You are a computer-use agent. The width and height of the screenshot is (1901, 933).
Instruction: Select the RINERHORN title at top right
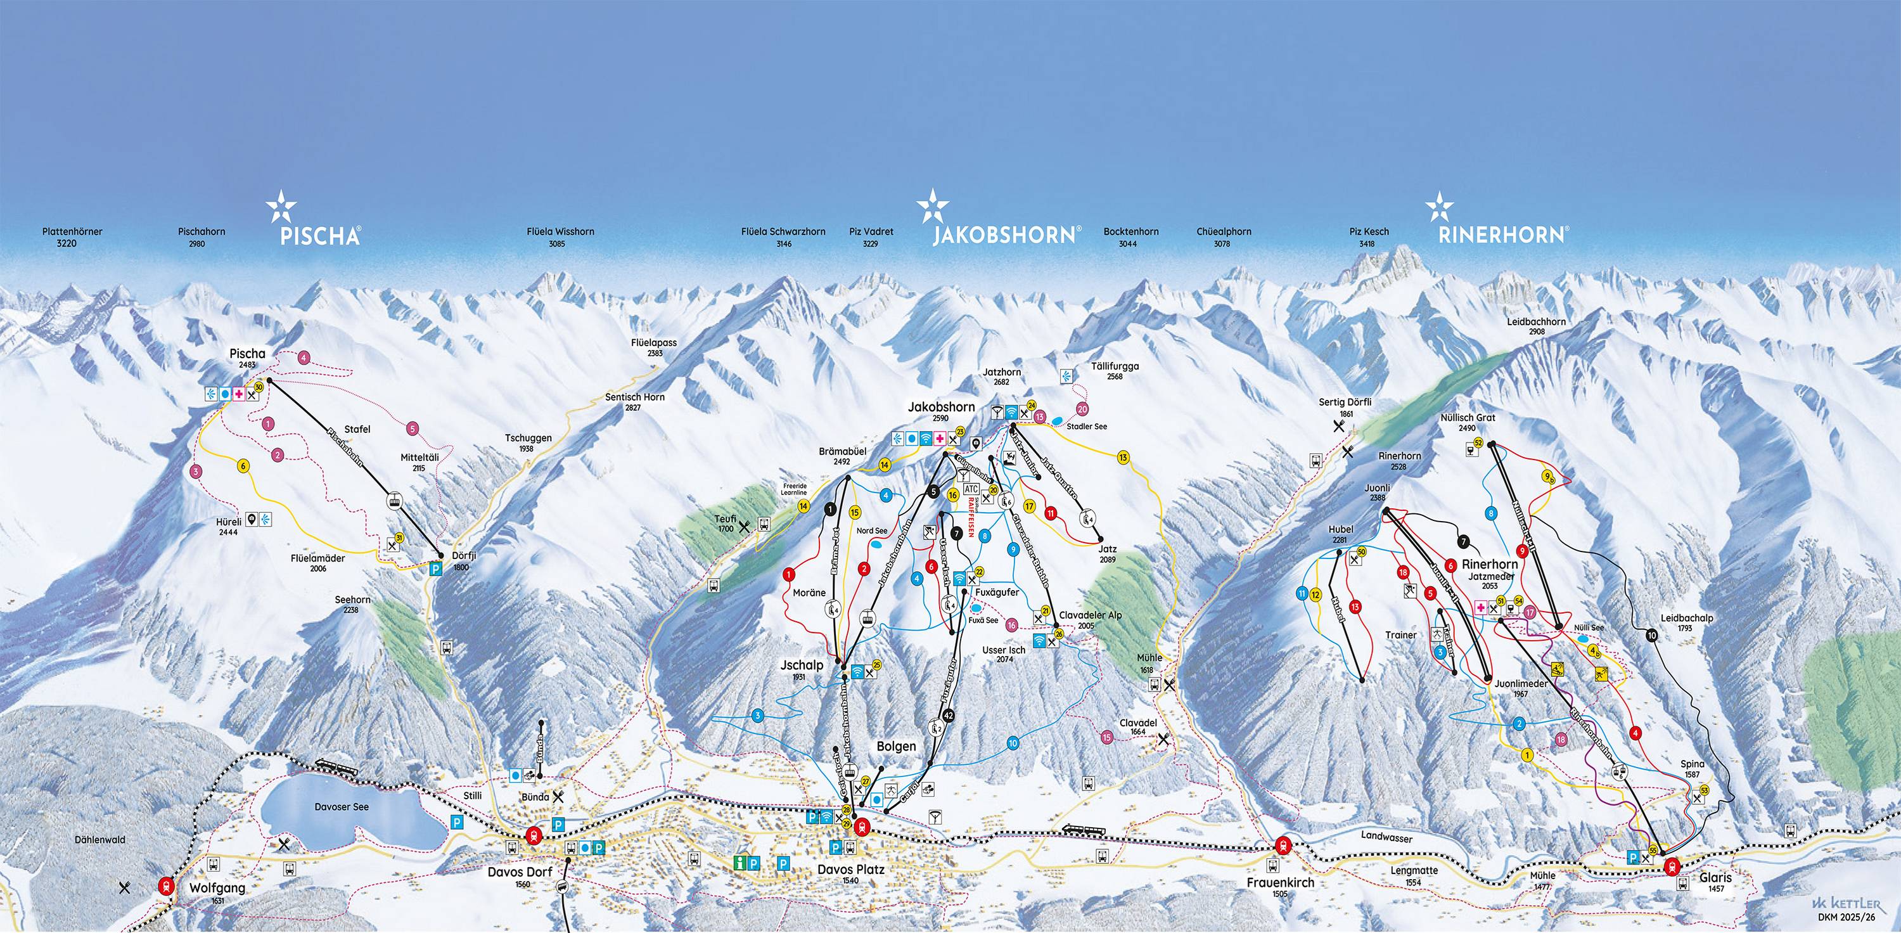point(1501,235)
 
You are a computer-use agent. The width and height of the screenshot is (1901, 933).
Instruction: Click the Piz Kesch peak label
point(1369,232)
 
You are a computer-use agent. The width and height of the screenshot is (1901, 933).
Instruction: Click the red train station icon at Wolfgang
point(167,885)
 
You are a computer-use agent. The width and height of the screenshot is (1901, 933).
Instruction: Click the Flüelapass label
point(654,344)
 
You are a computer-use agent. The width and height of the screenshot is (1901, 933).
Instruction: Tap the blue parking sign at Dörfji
point(435,569)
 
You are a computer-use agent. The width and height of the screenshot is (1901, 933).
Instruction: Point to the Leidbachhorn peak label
point(1537,322)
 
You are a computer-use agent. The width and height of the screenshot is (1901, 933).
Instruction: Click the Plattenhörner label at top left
point(72,232)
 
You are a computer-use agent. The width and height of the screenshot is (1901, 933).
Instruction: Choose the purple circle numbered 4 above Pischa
point(304,358)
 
